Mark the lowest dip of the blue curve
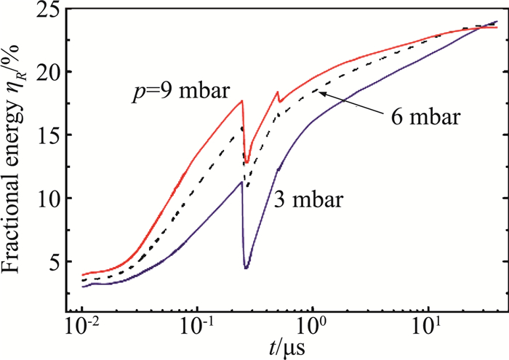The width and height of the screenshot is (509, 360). [247, 268]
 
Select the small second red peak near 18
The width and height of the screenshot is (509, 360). [277, 92]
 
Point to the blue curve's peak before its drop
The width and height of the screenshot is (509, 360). [241, 182]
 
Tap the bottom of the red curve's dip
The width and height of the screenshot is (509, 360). [247, 162]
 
